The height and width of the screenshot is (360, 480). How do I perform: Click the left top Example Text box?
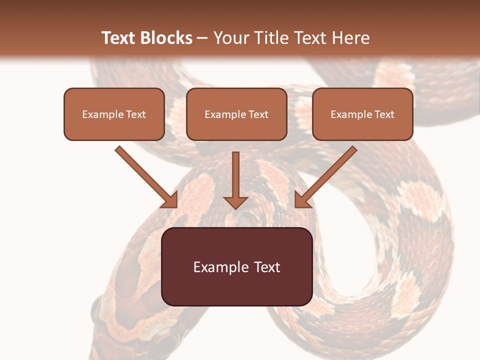(x=114, y=114)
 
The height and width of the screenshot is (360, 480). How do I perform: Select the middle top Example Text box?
(x=236, y=114)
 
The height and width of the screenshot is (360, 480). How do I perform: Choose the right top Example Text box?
(x=362, y=114)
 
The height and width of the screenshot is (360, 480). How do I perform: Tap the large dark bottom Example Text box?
(x=236, y=266)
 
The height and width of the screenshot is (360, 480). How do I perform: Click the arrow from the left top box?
(x=145, y=176)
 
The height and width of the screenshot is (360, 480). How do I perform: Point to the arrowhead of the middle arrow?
(x=235, y=202)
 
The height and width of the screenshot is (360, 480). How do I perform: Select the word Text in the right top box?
(x=384, y=114)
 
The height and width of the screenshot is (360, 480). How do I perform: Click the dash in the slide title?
(x=202, y=38)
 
